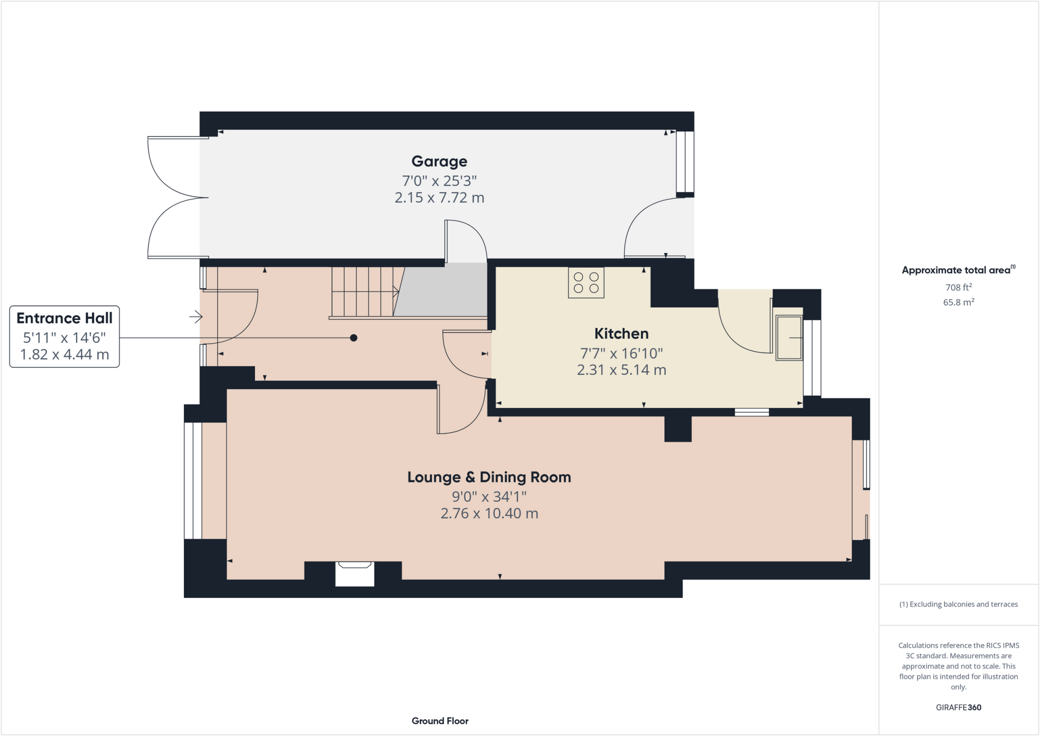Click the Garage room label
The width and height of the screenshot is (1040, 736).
(439, 162)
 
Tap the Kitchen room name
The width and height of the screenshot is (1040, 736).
(621, 334)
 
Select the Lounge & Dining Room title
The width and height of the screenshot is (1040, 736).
(489, 477)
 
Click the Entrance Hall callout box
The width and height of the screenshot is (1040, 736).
(64, 336)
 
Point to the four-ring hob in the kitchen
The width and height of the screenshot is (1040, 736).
(586, 283)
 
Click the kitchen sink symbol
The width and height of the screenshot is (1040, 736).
(789, 338)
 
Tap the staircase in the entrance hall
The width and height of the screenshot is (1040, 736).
(364, 292)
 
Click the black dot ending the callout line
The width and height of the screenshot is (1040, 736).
(353, 338)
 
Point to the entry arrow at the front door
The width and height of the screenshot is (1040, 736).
(196, 317)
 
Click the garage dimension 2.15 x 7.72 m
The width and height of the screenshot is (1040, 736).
(439, 198)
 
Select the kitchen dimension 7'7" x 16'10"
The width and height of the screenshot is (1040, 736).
(621, 353)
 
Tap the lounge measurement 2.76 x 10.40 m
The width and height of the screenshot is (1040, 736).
(489, 514)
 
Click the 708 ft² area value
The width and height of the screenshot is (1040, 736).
(958, 287)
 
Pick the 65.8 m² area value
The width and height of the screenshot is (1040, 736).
(958, 302)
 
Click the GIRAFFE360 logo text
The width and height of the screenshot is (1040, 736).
(958, 708)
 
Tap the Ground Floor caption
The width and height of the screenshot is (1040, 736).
(440, 721)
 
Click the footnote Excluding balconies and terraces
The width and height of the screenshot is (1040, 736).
(958, 604)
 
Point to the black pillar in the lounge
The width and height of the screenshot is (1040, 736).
(677, 429)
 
